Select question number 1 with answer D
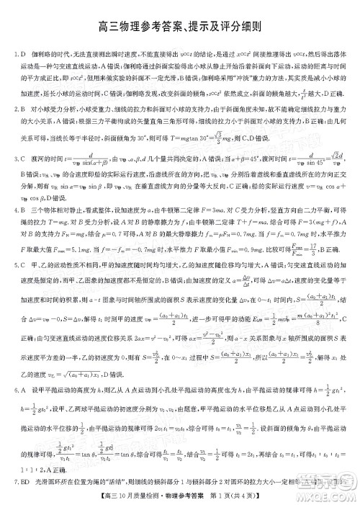click(19, 54)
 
